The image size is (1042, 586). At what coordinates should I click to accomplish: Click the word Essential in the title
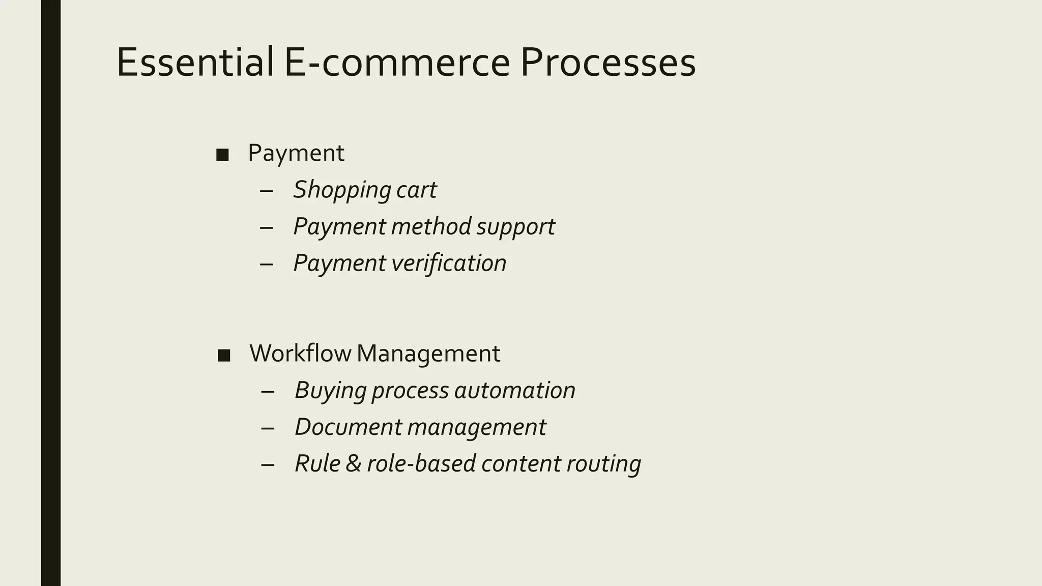point(195,62)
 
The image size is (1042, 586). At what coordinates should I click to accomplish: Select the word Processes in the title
point(607,62)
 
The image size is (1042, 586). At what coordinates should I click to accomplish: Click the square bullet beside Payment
point(222,155)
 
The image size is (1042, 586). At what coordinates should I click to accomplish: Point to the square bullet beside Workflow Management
point(224,355)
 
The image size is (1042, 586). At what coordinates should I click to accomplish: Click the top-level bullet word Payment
point(296,153)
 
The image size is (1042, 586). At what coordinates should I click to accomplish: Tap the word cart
point(416,190)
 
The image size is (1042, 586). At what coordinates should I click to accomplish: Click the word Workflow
point(300,353)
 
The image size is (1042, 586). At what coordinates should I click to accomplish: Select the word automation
point(514,390)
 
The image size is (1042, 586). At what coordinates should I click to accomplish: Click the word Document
point(349,427)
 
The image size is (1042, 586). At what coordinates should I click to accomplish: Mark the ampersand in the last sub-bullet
point(353,463)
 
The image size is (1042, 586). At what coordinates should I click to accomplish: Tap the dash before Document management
point(268,428)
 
